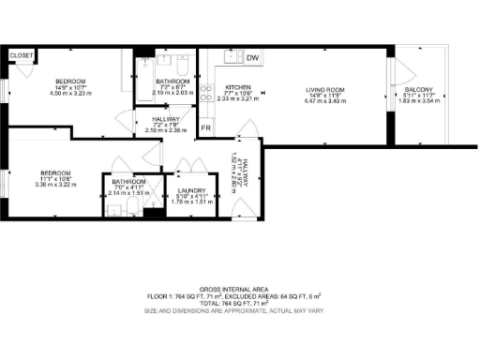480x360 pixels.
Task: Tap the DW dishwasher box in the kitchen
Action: pos(253,58)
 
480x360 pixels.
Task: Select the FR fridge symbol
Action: pos(205,127)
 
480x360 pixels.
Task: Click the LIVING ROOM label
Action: pos(325,90)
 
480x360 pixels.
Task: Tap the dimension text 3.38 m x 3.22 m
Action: pos(58,185)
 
